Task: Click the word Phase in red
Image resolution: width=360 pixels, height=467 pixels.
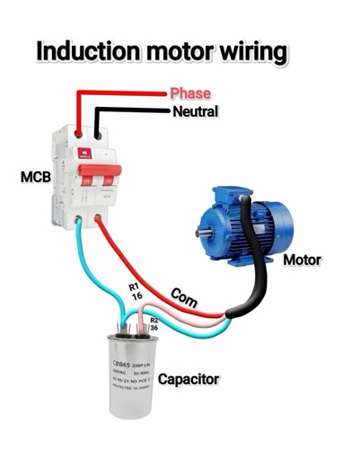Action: tap(190, 93)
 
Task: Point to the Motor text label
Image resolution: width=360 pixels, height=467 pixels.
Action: tap(302, 260)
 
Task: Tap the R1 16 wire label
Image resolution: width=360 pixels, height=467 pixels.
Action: tap(136, 288)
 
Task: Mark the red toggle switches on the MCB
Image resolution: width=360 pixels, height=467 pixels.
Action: tap(97, 180)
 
